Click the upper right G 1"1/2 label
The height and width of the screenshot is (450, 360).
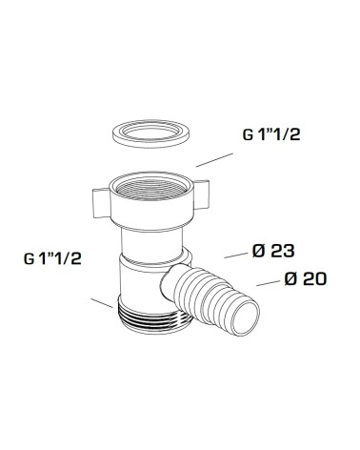(x=271, y=134)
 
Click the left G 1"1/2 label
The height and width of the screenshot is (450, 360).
(x=52, y=258)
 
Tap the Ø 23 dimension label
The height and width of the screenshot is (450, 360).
(x=273, y=251)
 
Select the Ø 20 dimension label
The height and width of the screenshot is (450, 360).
(x=306, y=278)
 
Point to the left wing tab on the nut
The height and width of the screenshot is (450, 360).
(x=101, y=204)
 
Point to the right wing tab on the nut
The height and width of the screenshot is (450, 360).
(x=201, y=194)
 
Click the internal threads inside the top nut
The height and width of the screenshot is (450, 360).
(x=151, y=190)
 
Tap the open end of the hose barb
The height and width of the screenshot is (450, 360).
(x=246, y=317)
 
